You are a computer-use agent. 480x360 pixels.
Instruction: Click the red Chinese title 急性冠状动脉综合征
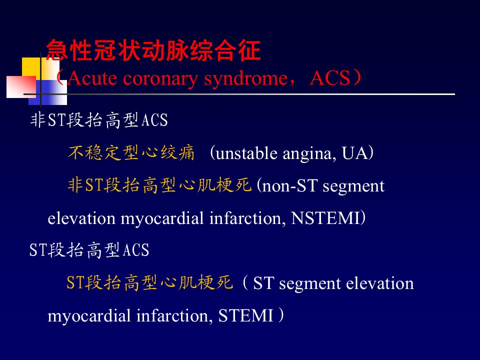pyautogui.click(x=153, y=50)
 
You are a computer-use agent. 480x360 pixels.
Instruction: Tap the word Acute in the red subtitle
pyautogui.click(x=92, y=78)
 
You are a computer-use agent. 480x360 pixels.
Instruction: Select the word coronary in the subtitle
pyautogui.click(x=160, y=79)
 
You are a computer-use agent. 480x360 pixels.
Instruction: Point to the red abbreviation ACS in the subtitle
pyautogui.click(x=329, y=78)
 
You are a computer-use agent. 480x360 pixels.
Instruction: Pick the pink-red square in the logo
pyautogui.click(x=21, y=87)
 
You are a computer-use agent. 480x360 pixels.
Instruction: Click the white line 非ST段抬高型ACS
pyautogui.click(x=99, y=119)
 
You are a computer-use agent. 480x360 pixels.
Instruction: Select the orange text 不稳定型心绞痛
pyautogui.click(x=131, y=152)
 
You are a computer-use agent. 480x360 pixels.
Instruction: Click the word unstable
pyautogui.click(x=246, y=153)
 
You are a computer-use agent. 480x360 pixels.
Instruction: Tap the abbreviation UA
pyautogui.click(x=354, y=153)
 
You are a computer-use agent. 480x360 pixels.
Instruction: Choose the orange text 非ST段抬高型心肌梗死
pyautogui.click(x=159, y=185)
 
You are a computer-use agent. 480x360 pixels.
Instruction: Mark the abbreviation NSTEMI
pyautogui.click(x=325, y=218)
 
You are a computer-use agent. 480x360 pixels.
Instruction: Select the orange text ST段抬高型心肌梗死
pyautogui.click(x=149, y=282)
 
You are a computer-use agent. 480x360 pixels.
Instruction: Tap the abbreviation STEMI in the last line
pyautogui.click(x=245, y=315)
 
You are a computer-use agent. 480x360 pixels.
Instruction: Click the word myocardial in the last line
pyautogui.click(x=89, y=316)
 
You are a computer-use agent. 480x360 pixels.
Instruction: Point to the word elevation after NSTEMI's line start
pyautogui.click(x=81, y=218)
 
